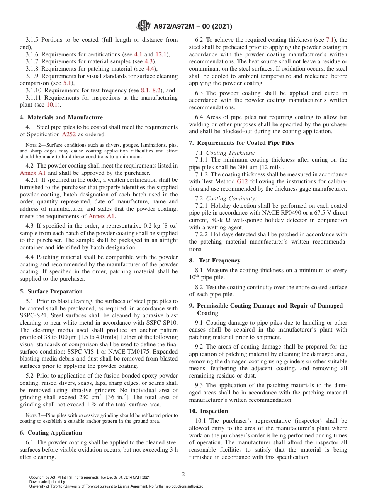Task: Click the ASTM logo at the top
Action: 144,26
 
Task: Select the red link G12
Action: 242,182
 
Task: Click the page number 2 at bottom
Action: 183,474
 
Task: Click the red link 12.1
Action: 161,54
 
